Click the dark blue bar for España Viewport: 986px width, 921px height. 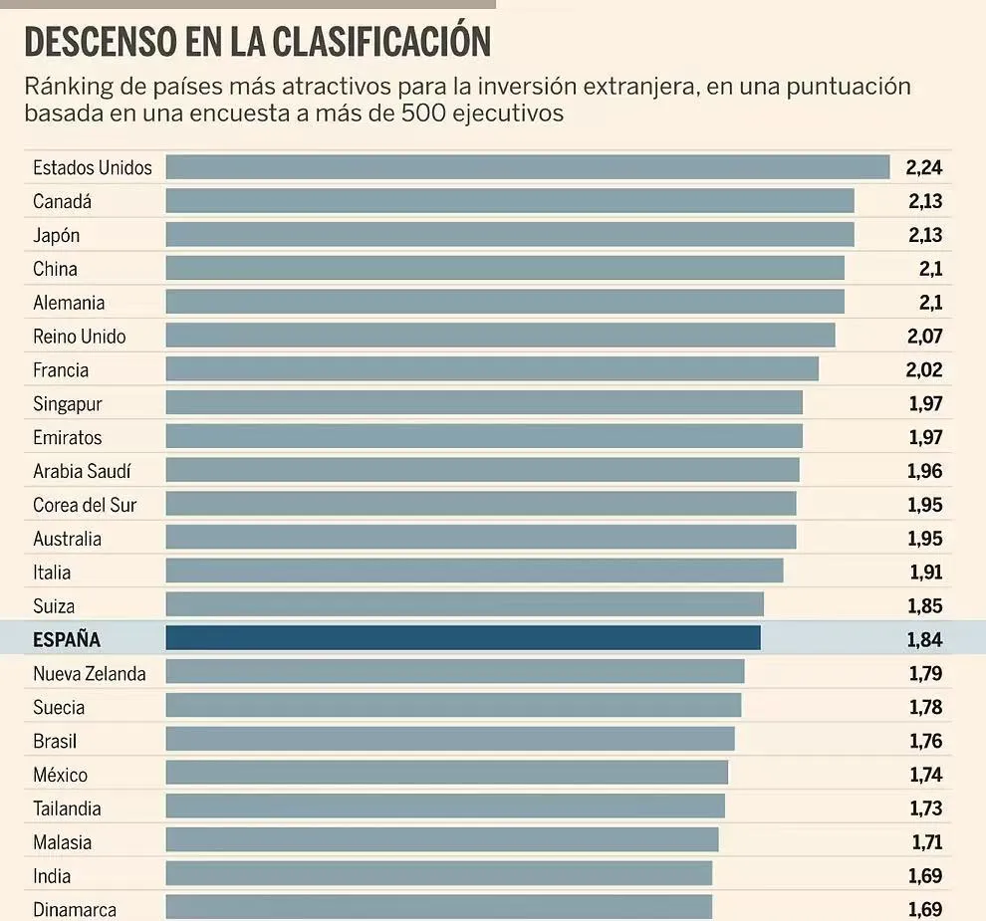coord(463,638)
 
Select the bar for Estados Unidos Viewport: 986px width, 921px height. coord(528,166)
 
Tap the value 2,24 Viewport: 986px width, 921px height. coord(924,167)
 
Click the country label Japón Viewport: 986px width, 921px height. coord(56,235)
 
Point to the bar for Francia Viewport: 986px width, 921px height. coord(492,369)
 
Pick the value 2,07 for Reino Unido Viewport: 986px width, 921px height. coord(924,337)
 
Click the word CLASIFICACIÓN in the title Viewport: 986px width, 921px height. coord(381,43)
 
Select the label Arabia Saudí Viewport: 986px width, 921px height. coord(82,471)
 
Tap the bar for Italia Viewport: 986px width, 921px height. coord(474,572)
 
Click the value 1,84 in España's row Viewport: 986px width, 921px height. coord(924,639)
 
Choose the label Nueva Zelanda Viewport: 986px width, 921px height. coord(89,674)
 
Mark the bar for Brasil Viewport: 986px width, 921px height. coord(450,740)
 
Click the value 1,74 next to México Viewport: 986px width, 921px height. coord(925,775)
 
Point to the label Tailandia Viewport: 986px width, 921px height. coord(67,808)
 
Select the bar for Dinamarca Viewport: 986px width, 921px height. coord(439,907)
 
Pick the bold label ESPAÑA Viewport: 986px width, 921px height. coord(67,640)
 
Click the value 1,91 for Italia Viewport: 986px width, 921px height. coord(924,573)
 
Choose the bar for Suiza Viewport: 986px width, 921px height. coord(464,604)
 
